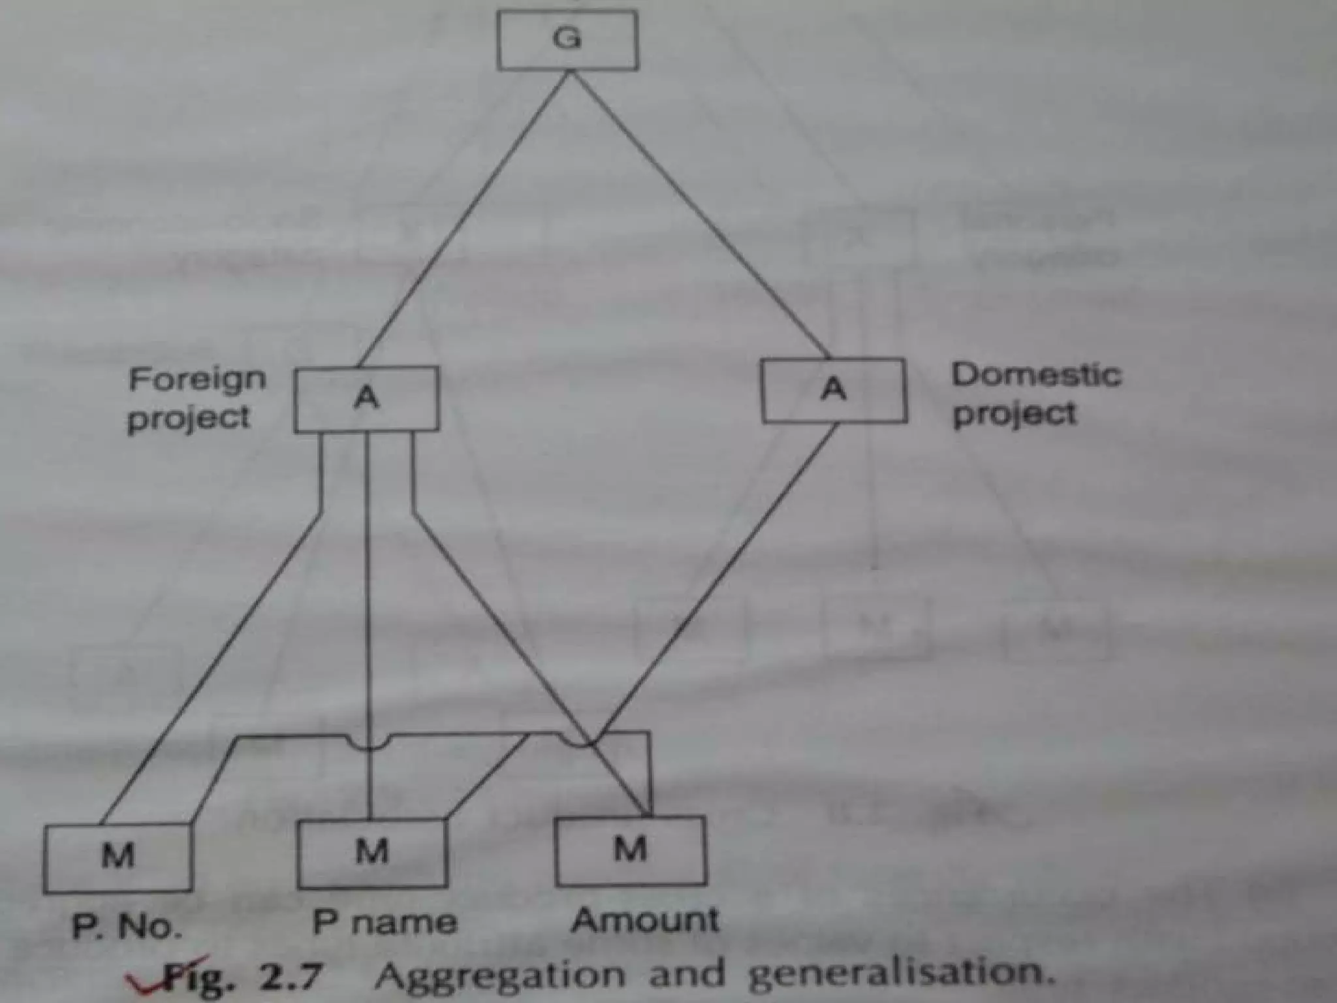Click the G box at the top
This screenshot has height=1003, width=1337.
[x=567, y=40]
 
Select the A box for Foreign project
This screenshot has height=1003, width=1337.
[x=366, y=398]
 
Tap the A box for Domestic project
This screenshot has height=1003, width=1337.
[x=834, y=390]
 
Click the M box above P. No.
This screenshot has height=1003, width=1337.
[x=118, y=857]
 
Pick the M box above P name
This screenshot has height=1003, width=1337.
[x=372, y=853]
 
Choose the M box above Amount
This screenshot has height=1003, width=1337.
[x=630, y=850]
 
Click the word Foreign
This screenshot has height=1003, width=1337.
[x=197, y=379]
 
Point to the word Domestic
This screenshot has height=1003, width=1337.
[x=1036, y=375]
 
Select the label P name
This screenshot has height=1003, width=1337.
[x=385, y=923]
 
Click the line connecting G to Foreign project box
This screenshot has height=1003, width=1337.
[x=464, y=219]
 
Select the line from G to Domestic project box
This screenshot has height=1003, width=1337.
[x=699, y=215]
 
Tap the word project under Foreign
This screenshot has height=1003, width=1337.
[x=189, y=419]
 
